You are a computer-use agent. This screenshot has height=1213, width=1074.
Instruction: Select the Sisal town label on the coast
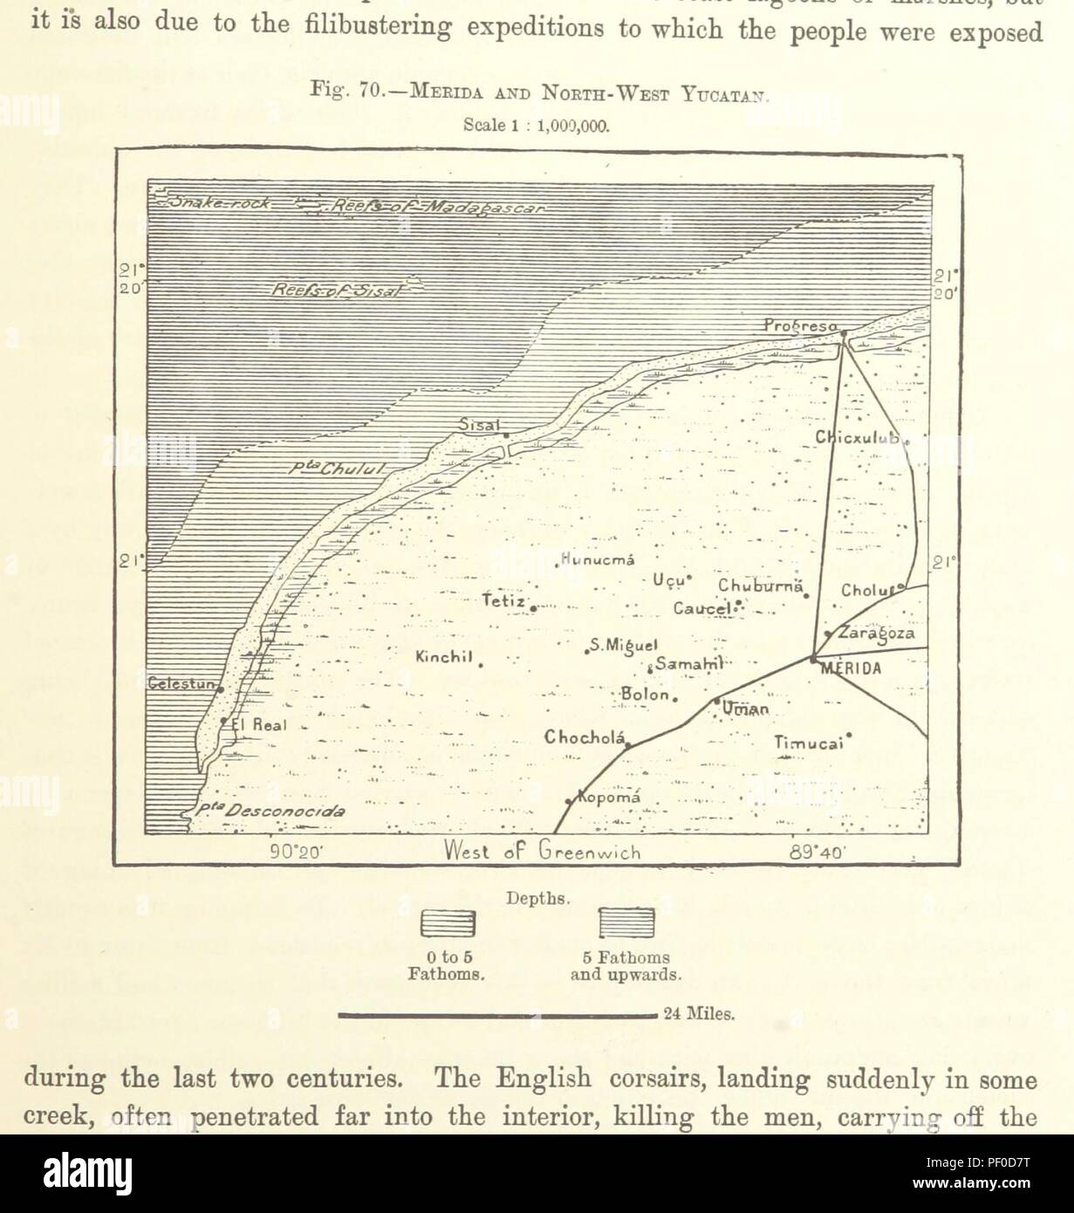[x=480, y=424]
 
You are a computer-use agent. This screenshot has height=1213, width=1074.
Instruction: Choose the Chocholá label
[x=585, y=737]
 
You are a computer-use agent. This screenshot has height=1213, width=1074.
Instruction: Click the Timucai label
[x=809, y=743]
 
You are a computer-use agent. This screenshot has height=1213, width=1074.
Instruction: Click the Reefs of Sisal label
[x=336, y=291]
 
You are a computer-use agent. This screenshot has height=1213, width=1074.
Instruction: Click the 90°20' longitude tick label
[x=296, y=853]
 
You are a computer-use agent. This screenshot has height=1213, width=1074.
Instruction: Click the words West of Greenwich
[x=542, y=852]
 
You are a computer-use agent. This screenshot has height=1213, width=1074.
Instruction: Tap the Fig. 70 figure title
[x=536, y=91]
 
